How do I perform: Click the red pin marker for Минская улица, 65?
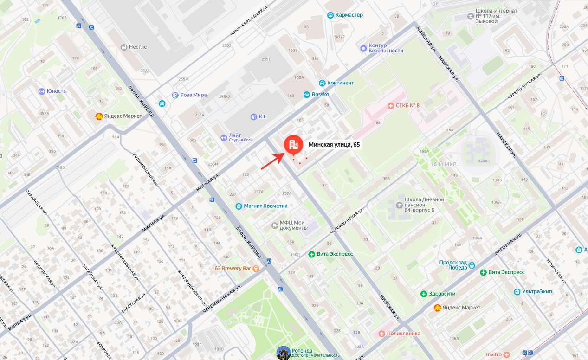tap(293, 144)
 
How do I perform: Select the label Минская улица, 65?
tap(334, 145)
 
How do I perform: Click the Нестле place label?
tap(138, 47)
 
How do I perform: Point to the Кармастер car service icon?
tap(330, 15)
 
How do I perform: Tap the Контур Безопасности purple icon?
tap(363, 48)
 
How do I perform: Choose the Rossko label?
tap(321, 95)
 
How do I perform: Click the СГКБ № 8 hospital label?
tap(407, 106)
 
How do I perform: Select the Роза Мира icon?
tap(175, 95)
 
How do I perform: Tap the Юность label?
tap(56, 91)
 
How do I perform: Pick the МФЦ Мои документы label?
tap(293, 225)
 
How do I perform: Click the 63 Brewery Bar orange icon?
tap(255, 269)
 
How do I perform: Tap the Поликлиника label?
tap(403, 334)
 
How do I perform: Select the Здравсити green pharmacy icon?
tap(423, 294)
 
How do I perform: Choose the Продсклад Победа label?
tap(453, 265)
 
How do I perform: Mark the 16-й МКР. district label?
tap(444, 165)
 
